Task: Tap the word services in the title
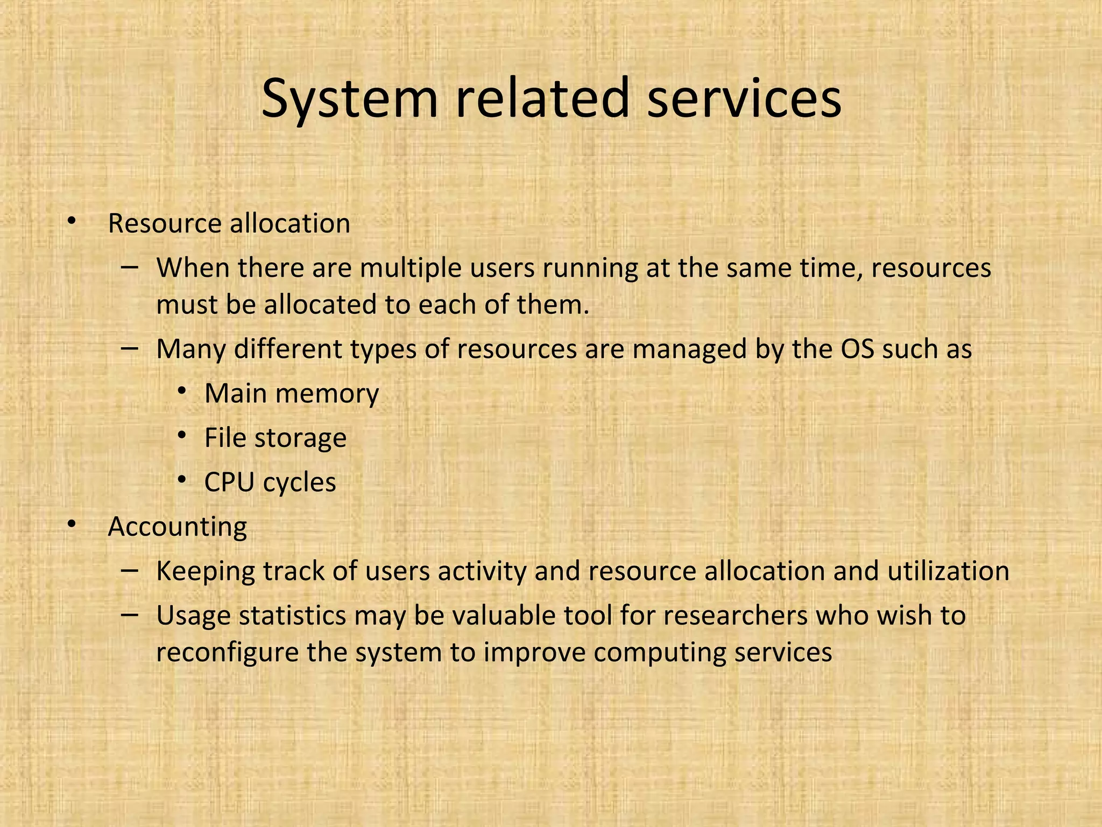(x=744, y=99)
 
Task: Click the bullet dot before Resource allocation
(x=72, y=220)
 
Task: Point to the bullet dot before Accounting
(x=72, y=523)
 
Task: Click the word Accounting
(x=177, y=527)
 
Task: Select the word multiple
(x=411, y=268)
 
